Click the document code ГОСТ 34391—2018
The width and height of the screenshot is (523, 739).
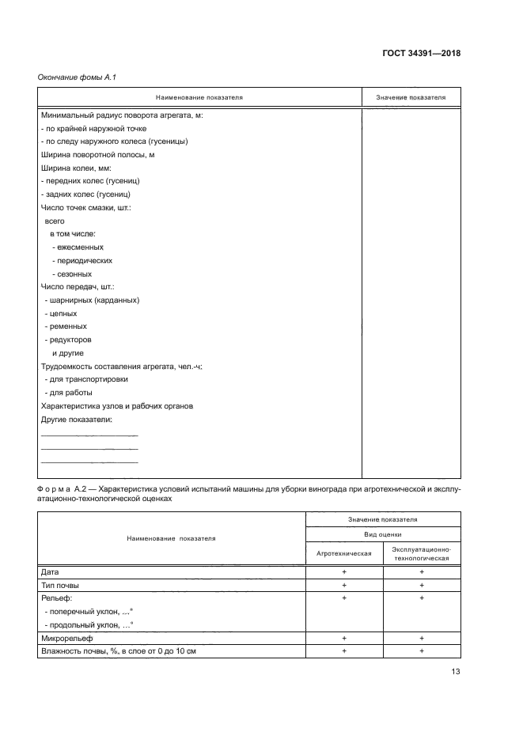tap(422, 54)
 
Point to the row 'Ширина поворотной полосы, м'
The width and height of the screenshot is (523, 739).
tap(97, 155)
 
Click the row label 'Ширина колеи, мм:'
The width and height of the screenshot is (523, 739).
tap(75, 168)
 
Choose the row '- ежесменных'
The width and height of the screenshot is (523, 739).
tap(78, 247)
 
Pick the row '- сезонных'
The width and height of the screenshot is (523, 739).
tap(74, 273)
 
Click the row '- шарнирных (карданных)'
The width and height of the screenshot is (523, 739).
tap(93, 300)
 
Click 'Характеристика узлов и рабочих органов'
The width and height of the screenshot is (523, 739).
tap(117, 406)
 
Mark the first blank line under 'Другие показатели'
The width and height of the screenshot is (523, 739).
tap(89, 435)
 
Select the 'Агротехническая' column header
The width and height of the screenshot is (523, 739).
tap(344, 553)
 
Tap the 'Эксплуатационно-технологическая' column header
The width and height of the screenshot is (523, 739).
tap(421, 553)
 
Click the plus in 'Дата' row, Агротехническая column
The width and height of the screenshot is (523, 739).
tap(344, 571)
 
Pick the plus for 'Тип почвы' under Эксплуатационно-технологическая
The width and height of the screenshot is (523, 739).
tap(421, 585)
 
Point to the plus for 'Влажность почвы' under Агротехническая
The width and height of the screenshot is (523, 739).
tap(344, 650)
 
